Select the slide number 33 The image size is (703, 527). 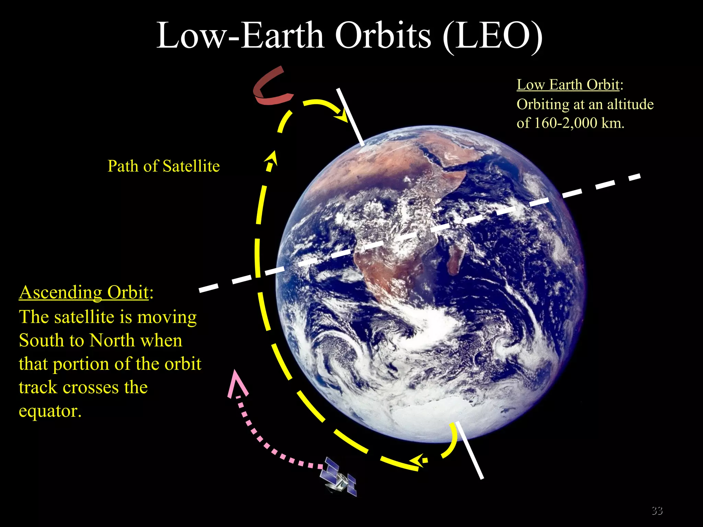(x=657, y=511)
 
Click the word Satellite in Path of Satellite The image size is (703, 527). (x=191, y=166)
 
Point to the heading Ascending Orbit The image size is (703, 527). (x=84, y=292)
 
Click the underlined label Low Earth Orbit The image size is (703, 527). (x=568, y=84)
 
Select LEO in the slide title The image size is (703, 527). (x=492, y=36)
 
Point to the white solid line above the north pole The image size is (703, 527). (x=350, y=117)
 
